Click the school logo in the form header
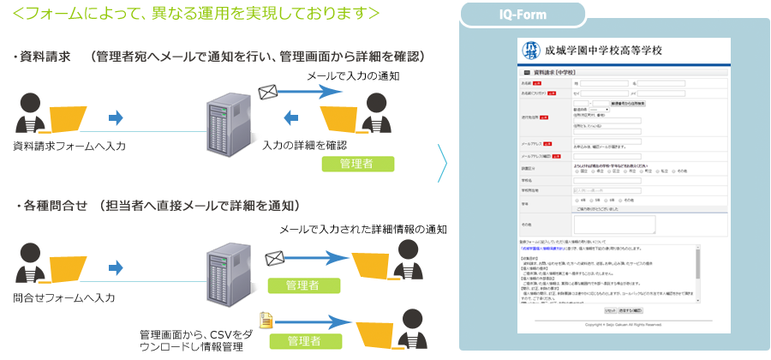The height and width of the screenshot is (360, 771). click(x=531, y=51)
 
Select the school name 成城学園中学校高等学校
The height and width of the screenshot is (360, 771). click(x=603, y=51)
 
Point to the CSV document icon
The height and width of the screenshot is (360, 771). click(x=266, y=320)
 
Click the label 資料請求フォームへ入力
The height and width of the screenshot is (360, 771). click(x=69, y=147)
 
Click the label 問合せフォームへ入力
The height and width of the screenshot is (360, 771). click(x=64, y=297)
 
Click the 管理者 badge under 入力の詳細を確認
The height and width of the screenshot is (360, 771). click(x=357, y=163)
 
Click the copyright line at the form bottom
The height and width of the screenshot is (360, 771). click(x=624, y=325)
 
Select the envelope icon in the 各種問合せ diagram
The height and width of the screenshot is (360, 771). click(x=274, y=256)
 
